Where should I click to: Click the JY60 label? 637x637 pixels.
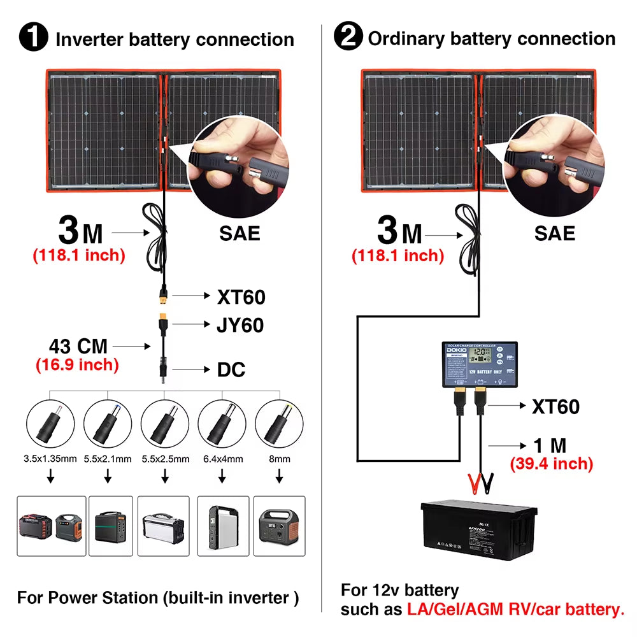[x=240, y=325]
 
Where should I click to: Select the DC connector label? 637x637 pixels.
[x=231, y=369]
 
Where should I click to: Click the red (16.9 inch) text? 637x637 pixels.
[x=77, y=365]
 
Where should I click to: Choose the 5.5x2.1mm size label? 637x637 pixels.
[x=108, y=459]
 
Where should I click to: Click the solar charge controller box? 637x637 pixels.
[x=480, y=365]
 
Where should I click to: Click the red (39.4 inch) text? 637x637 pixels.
[x=551, y=464]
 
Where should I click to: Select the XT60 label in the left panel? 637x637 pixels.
[x=241, y=296]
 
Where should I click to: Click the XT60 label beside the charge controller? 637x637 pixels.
[x=555, y=406]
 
